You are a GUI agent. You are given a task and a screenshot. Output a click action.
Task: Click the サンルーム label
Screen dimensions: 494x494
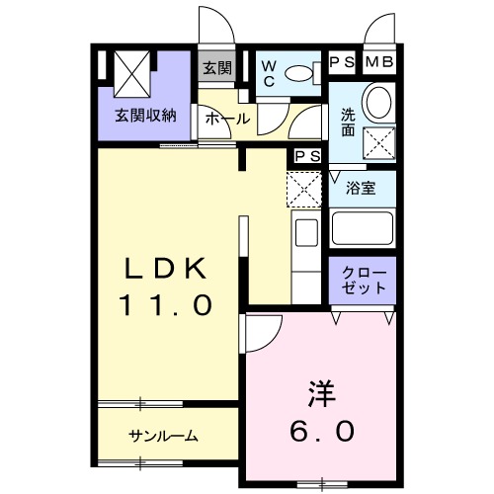pos(163,436)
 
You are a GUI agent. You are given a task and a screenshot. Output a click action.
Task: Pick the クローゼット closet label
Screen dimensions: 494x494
pos(363,281)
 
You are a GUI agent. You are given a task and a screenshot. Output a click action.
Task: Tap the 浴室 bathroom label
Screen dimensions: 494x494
pos(363,189)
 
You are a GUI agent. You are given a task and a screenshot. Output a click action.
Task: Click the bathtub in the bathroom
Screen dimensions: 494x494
pos(363,231)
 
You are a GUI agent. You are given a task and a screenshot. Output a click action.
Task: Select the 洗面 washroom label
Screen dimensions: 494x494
pos(349,121)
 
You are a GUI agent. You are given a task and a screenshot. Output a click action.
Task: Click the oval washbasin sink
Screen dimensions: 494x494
pos(377,102)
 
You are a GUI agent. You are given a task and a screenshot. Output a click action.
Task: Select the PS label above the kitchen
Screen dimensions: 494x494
pos(305,155)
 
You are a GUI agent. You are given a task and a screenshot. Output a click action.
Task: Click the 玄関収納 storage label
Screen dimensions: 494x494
pos(144,115)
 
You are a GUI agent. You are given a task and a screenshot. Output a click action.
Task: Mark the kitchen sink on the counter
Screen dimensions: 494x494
pos(305,235)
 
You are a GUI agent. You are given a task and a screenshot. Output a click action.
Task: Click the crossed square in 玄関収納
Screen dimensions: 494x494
pos(130,70)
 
